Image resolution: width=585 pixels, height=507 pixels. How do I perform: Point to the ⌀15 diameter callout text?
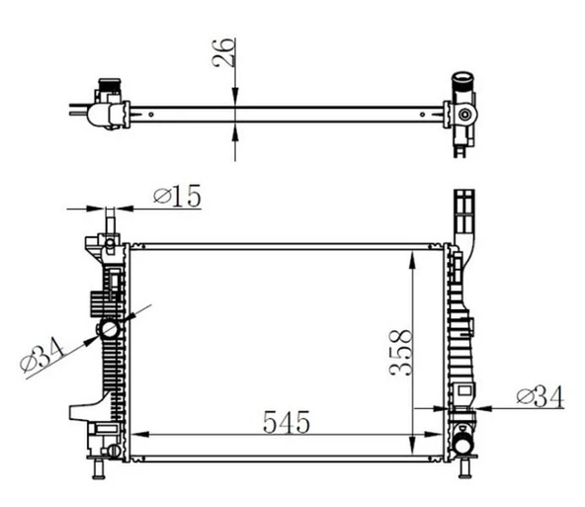click(178, 197)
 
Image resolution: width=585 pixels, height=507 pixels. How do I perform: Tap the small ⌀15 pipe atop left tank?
click(110, 221)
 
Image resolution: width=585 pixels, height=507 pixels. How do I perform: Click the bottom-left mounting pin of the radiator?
click(99, 467)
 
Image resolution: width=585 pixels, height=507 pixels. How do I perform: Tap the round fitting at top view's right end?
click(462, 117)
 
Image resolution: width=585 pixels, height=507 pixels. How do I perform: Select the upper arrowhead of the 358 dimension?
click(412, 256)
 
